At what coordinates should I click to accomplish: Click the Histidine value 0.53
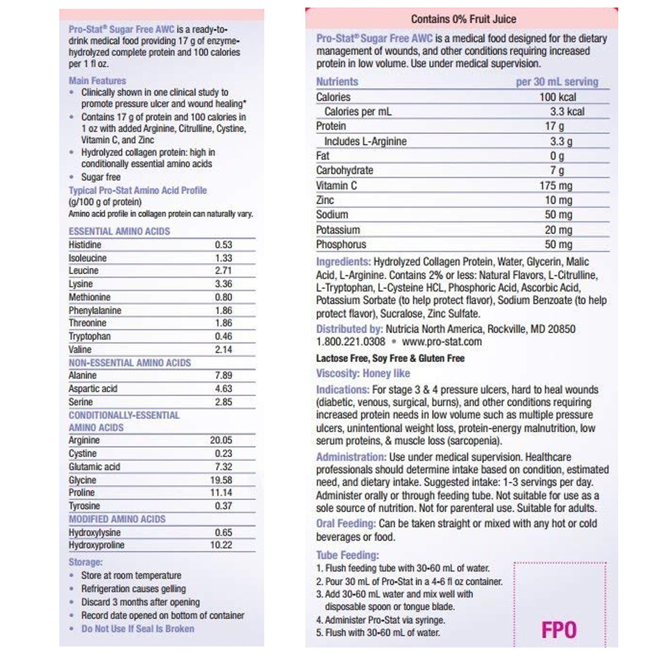tap(223, 245)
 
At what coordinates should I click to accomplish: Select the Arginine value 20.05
tap(221, 440)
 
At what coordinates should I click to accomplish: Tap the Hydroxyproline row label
tap(97, 545)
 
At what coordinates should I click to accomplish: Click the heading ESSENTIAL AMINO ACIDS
tap(119, 231)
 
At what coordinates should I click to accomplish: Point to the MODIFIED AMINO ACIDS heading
tap(117, 519)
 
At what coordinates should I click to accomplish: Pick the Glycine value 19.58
tap(221, 480)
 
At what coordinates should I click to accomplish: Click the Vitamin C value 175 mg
tap(556, 186)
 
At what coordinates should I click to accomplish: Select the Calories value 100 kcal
tap(557, 97)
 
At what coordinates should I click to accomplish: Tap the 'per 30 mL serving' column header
tap(556, 82)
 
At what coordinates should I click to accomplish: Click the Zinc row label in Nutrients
tap(325, 200)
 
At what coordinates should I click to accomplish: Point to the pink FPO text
tap(559, 631)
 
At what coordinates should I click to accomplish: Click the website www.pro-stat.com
tap(441, 342)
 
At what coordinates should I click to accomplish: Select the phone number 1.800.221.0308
tap(350, 342)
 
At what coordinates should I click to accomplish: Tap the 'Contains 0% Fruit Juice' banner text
tap(463, 19)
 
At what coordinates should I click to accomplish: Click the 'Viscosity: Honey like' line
tap(363, 373)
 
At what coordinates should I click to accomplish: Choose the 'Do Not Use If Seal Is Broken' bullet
tap(138, 629)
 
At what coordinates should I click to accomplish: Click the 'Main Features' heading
tap(97, 81)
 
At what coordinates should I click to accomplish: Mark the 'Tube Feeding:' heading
tap(347, 555)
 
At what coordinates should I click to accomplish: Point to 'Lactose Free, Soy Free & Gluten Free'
tap(390, 358)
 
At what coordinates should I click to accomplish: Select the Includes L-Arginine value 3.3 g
tap(561, 141)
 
